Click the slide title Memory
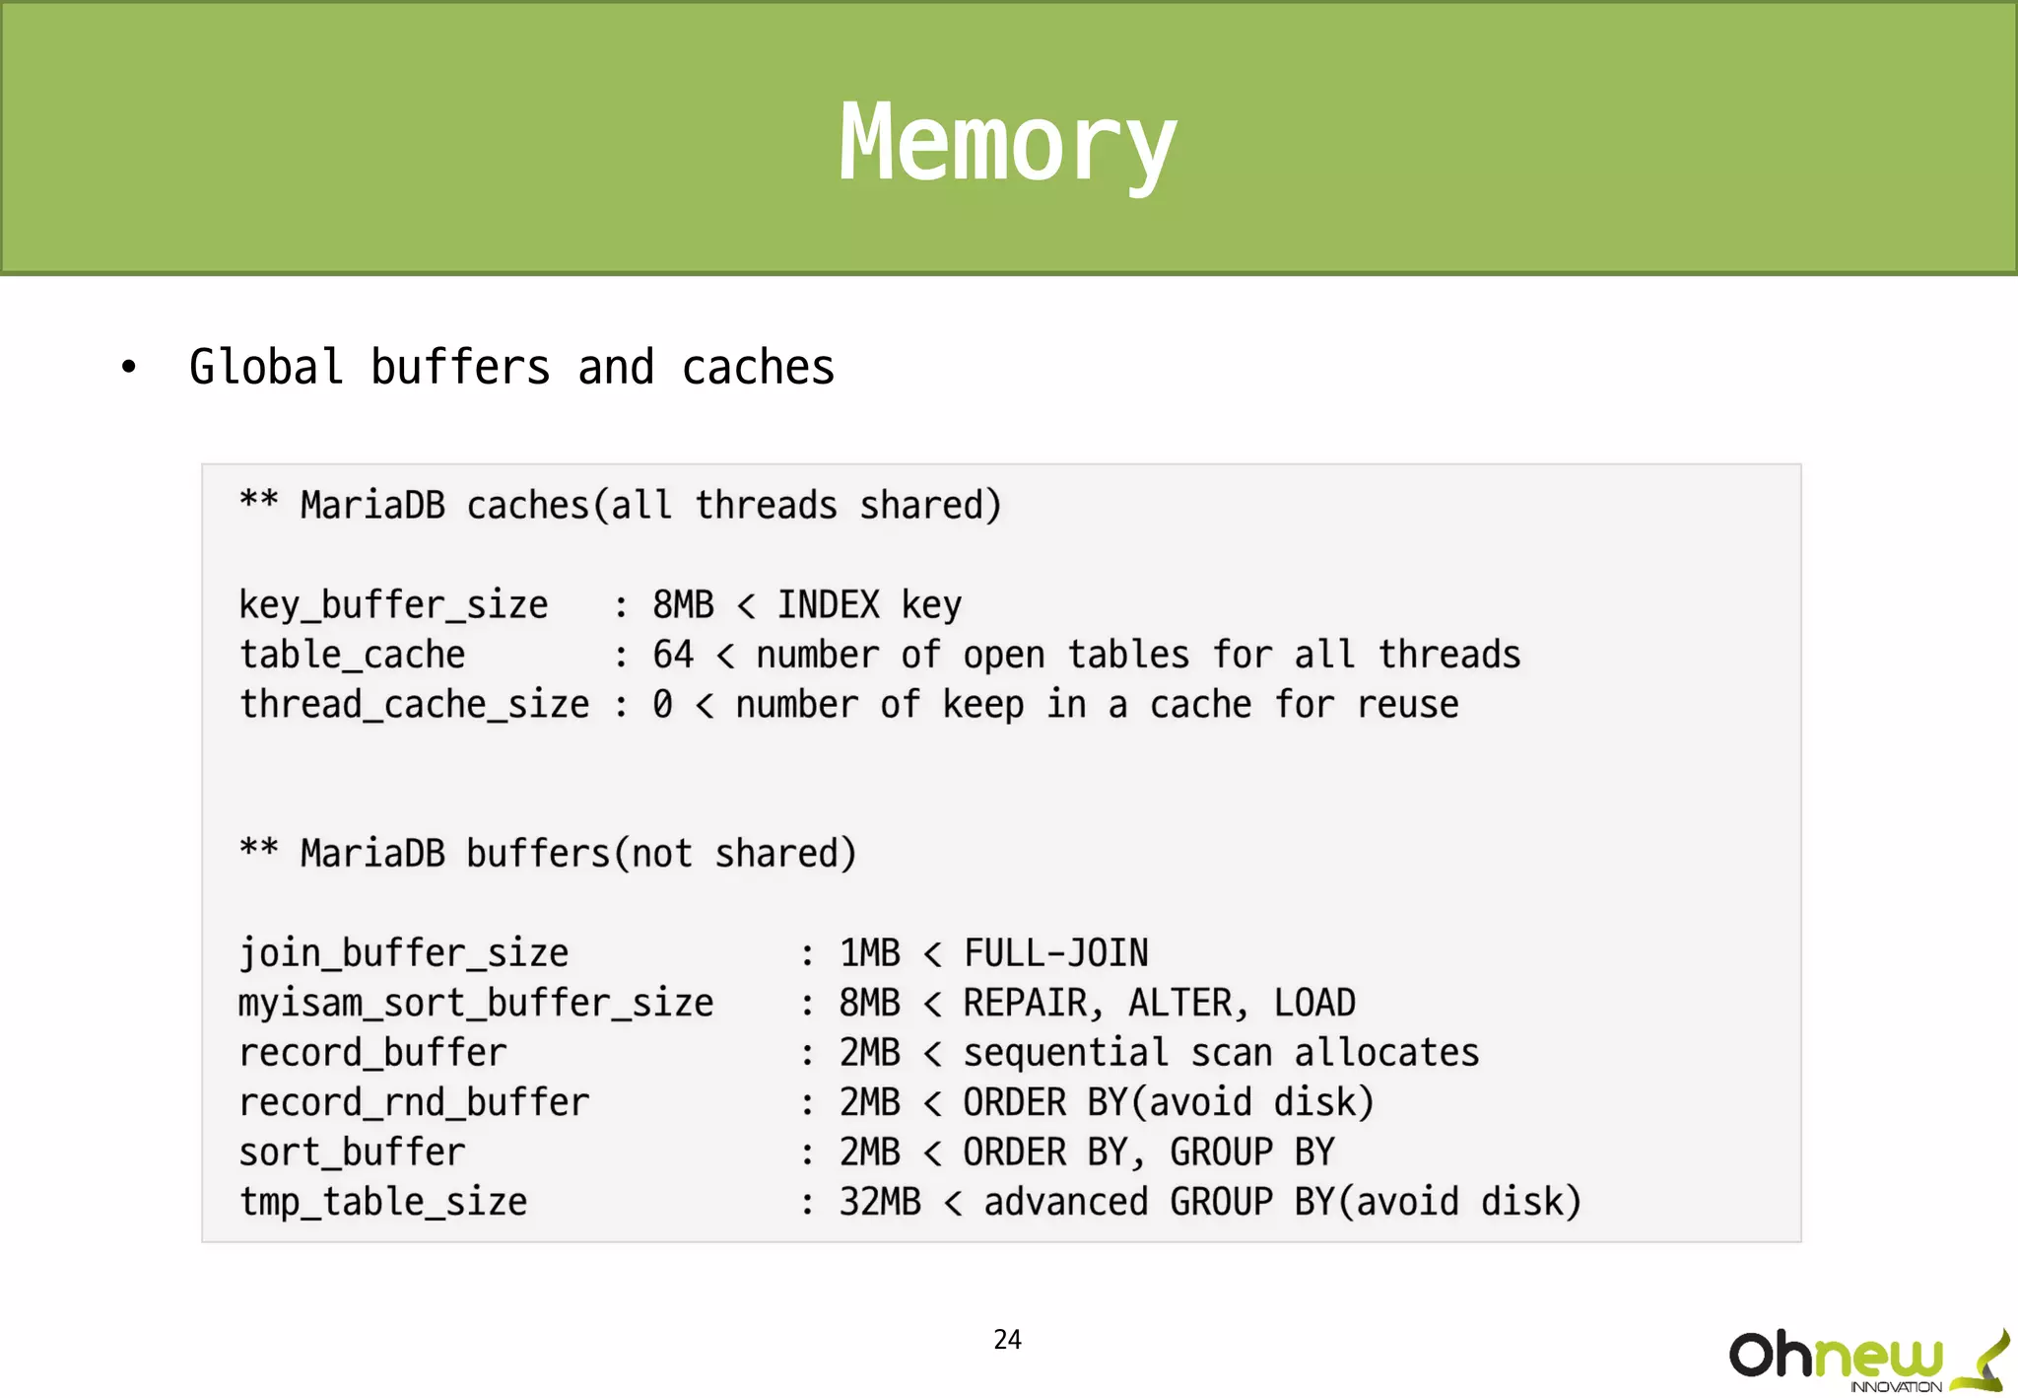(x=1007, y=144)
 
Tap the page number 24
(x=1007, y=1339)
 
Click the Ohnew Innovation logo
(x=1867, y=1361)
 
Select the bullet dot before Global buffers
(x=128, y=368)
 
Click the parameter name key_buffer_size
(x=393, y=604)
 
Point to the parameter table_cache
(x=352, y=655)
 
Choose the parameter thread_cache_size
(x=414, y=704)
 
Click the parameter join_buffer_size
(x=403, y=953)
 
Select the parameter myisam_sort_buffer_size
(x=476, y=1003)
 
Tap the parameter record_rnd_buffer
(x=414, y=1102)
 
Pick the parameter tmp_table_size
(x=383, y=1202)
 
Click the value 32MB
(x=880, y=1202)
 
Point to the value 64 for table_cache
(x=673, y=655)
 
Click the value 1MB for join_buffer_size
(x=869, y=953)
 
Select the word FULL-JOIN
(x=1055, y=953)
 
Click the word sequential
(x=1065, y=1053)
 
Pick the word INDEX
(x=828, y=604)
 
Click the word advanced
(x=1065, y=1202)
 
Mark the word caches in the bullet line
(x=758, y=368)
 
